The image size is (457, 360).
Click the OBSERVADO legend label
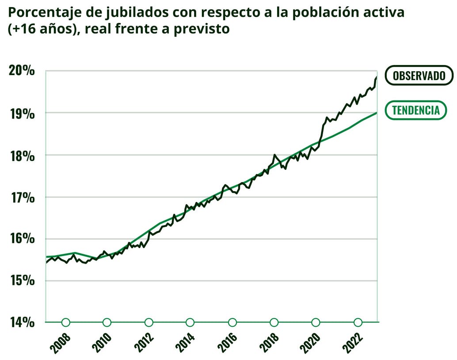click(x=419, y=75)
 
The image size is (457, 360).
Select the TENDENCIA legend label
click(x=416, y=110)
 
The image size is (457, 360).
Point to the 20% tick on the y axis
click(x=22, y=71)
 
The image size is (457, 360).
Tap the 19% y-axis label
click(x=22, y=113)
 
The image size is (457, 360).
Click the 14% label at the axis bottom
click(x=22, y=322)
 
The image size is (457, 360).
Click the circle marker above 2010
click(x=107, y=322)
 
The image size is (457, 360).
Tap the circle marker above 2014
click(x=190, y=322)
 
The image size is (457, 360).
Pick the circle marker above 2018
click(x=274, y=322)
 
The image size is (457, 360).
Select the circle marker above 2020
click(x=316, y=322)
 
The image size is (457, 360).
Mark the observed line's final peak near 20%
click(x=376, y=78)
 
